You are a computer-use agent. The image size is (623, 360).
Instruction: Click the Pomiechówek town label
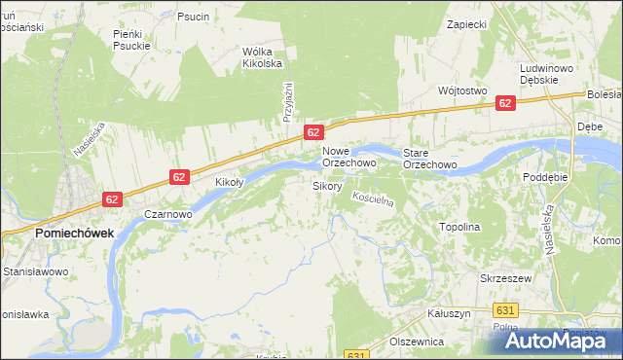[x=74, y=234]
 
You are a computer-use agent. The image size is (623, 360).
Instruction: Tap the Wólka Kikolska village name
[x=262, y=57]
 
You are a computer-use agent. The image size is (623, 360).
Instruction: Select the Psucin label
[x=193, y=17]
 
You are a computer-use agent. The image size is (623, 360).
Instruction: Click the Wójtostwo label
[x=462, y=90]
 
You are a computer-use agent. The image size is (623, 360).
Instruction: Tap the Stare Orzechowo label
[x=430, y=159]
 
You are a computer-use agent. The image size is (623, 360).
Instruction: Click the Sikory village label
[x=327, y=185]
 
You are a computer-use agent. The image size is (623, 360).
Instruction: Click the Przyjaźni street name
[x=288, y=101]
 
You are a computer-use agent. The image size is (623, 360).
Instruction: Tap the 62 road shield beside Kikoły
[x=179, y=176]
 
